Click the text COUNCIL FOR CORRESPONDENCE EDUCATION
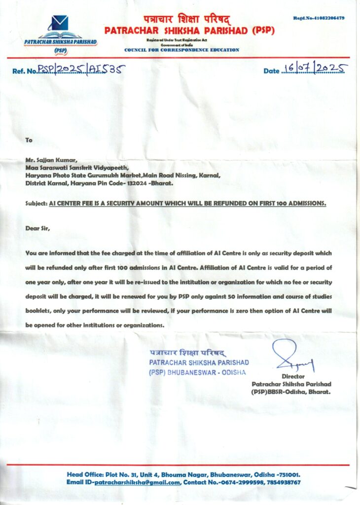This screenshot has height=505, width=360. click(181, 50)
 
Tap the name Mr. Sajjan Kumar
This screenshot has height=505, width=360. click(44, 160)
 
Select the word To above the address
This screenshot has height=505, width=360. click(29, 140)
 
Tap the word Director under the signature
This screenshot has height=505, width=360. click(291, 376)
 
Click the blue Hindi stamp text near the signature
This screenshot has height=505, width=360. click(187, 353)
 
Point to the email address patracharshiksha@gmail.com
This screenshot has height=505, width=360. click(137, 482)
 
